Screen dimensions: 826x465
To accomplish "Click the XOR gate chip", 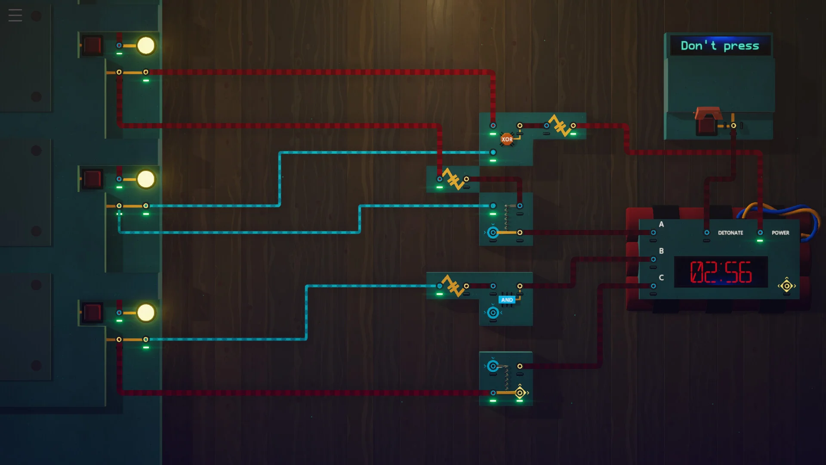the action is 507,139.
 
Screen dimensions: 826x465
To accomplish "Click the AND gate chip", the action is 507,300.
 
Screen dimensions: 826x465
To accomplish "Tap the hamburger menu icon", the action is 15,15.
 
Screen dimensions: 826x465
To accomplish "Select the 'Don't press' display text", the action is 720,46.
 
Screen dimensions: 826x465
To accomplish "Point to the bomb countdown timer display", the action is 721,272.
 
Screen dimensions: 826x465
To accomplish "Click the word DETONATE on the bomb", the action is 730,233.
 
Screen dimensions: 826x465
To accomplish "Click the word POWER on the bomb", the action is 780,233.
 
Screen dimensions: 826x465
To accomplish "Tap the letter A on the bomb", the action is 661,224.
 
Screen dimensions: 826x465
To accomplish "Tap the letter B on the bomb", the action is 661,251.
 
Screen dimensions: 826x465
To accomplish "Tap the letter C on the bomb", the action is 661,278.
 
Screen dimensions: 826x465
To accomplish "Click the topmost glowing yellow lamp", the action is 146,46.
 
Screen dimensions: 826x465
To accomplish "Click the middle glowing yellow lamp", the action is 146,179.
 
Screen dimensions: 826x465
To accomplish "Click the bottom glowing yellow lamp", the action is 146,313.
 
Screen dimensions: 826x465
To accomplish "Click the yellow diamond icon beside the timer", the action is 787,285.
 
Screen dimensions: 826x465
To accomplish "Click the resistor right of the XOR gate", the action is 560,125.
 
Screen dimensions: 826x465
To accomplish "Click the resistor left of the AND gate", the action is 453,285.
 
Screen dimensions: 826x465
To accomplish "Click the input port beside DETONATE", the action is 707,232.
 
